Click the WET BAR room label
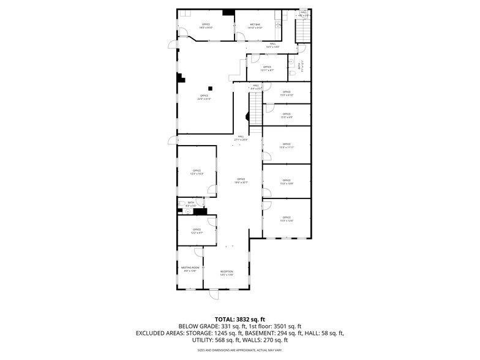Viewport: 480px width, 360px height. (255, 26)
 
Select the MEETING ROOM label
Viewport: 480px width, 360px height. (190, 269)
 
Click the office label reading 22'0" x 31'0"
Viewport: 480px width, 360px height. (204, 97)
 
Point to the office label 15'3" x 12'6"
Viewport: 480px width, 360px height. (287, 219)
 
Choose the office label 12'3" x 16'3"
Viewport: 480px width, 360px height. (197, 172)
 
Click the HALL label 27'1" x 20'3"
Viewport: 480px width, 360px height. (241, 138)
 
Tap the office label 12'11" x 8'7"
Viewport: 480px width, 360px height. (267, 69)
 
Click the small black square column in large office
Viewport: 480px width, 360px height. (209, 87)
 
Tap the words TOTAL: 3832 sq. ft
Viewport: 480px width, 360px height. (239, 319)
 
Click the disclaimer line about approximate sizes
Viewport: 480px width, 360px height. (239, 350)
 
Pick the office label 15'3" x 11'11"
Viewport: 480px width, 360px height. (287, 146)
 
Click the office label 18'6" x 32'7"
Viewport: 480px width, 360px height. (241, 181)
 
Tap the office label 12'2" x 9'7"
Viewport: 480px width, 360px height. (197, 231)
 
